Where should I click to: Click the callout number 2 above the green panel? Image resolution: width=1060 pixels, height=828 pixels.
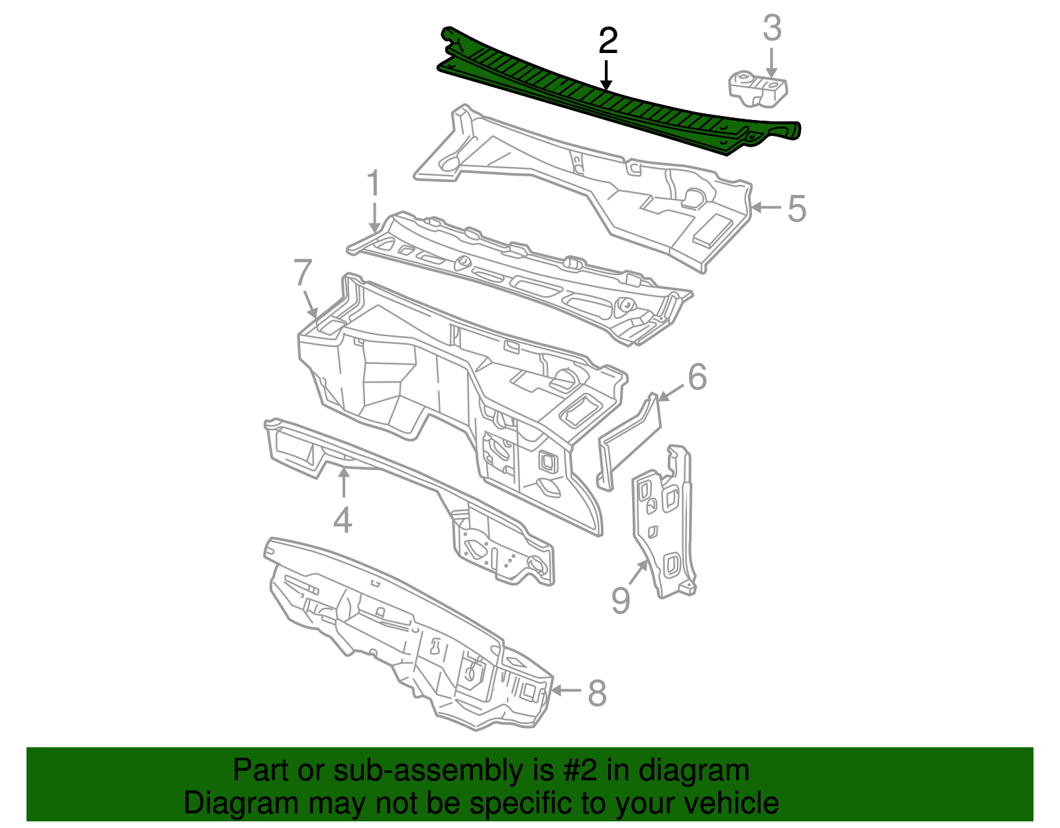pyautogui.click(x=608, y=41)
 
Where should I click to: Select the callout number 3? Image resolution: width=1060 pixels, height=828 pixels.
pyautogui.click(x=772, y=29)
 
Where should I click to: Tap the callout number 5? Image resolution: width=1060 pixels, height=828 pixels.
pyautogui.click(x=797, y=208)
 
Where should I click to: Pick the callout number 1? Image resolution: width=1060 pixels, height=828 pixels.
pyautogui.click(x=374, y=184)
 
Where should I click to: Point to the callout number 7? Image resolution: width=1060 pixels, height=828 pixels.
pyautogui.click(x=303, y=273)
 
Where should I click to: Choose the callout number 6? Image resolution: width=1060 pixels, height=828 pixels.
pyautogui.click(x=697, y=377)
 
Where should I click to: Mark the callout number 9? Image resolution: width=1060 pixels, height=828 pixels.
pyautogui.click(x=620, y=601)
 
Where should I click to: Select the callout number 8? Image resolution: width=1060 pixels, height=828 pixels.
pyautogui.click(x=597, y=693)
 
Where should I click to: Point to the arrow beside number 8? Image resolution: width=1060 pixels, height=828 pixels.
pyautogui.click(x=566, y=691)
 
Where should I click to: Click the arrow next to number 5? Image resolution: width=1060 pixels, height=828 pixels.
pyautogui.click(x=767, y=207)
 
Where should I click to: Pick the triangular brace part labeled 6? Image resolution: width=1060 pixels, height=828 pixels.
pyautogui.click(x=629, y=438)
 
